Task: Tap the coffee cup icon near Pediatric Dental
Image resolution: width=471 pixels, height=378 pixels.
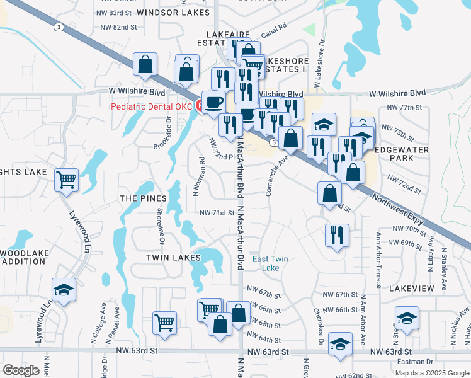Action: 214,102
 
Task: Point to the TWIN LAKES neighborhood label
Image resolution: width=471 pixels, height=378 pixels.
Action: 169,258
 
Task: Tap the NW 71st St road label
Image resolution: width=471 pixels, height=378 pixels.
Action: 217,213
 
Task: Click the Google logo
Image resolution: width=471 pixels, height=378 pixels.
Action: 21,370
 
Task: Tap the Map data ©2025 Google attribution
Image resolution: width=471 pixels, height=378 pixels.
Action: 431,373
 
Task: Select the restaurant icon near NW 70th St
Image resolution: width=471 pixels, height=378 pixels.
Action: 337,236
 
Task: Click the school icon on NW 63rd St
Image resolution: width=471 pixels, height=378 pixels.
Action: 340,344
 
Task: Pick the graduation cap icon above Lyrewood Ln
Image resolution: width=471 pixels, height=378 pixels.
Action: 64,290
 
